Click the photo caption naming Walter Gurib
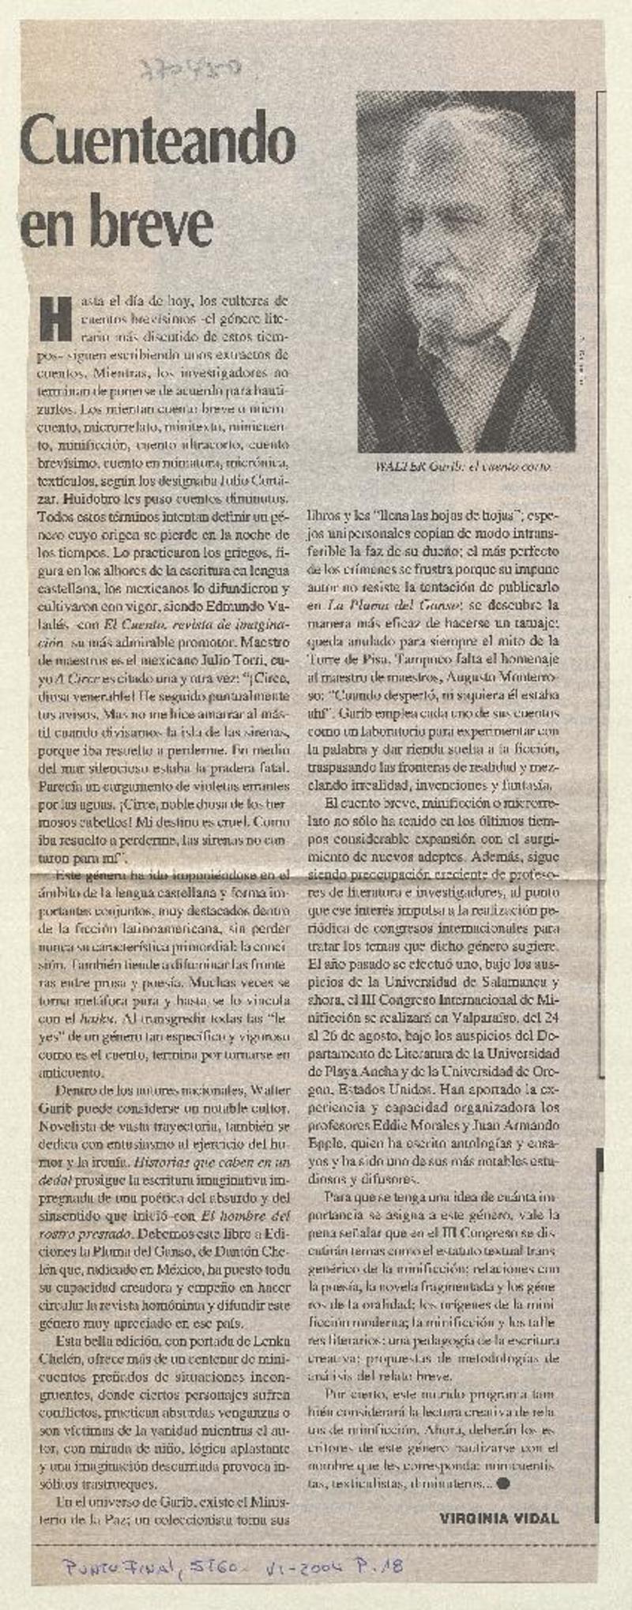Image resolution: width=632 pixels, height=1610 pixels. click(x=464, y=467)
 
